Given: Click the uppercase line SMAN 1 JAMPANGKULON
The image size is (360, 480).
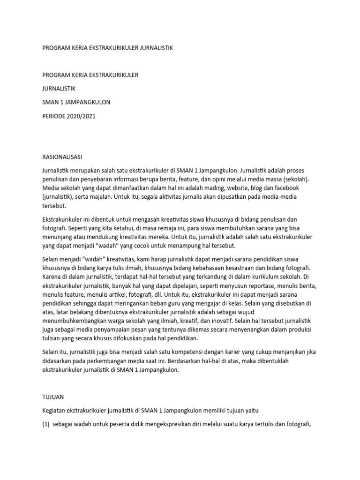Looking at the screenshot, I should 76,102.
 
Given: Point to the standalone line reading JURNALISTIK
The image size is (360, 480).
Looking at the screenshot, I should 59,88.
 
